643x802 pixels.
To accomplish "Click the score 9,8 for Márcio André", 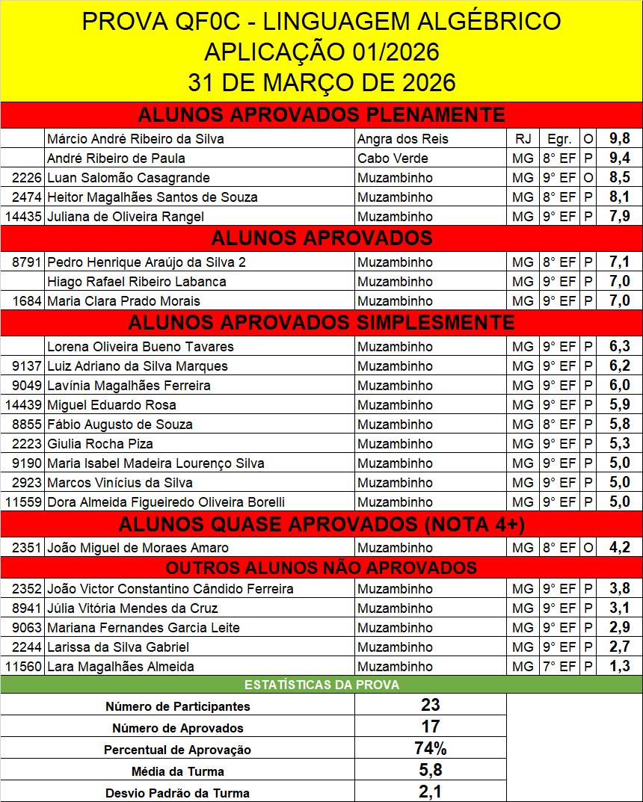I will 620,139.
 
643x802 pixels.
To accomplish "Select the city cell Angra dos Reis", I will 403,139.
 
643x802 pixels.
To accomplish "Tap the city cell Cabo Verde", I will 393,158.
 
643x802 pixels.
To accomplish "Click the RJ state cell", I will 523,139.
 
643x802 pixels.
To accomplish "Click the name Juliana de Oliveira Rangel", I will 125,217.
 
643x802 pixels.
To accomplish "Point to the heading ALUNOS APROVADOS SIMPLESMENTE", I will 321,322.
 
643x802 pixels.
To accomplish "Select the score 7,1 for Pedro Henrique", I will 620,262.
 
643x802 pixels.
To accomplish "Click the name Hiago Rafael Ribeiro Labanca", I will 137,282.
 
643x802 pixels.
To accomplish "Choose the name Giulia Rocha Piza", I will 100,444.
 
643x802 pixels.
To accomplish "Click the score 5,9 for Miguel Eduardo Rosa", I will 620,405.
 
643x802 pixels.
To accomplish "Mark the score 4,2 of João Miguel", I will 620,548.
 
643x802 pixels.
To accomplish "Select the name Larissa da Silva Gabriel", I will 118,647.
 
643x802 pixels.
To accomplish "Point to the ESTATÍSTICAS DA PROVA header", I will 321,685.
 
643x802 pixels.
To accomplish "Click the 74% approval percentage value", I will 430,748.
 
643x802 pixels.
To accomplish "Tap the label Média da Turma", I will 178,771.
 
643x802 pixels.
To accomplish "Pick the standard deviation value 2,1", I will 430,792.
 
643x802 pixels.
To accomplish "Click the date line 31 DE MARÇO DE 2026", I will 321,82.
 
